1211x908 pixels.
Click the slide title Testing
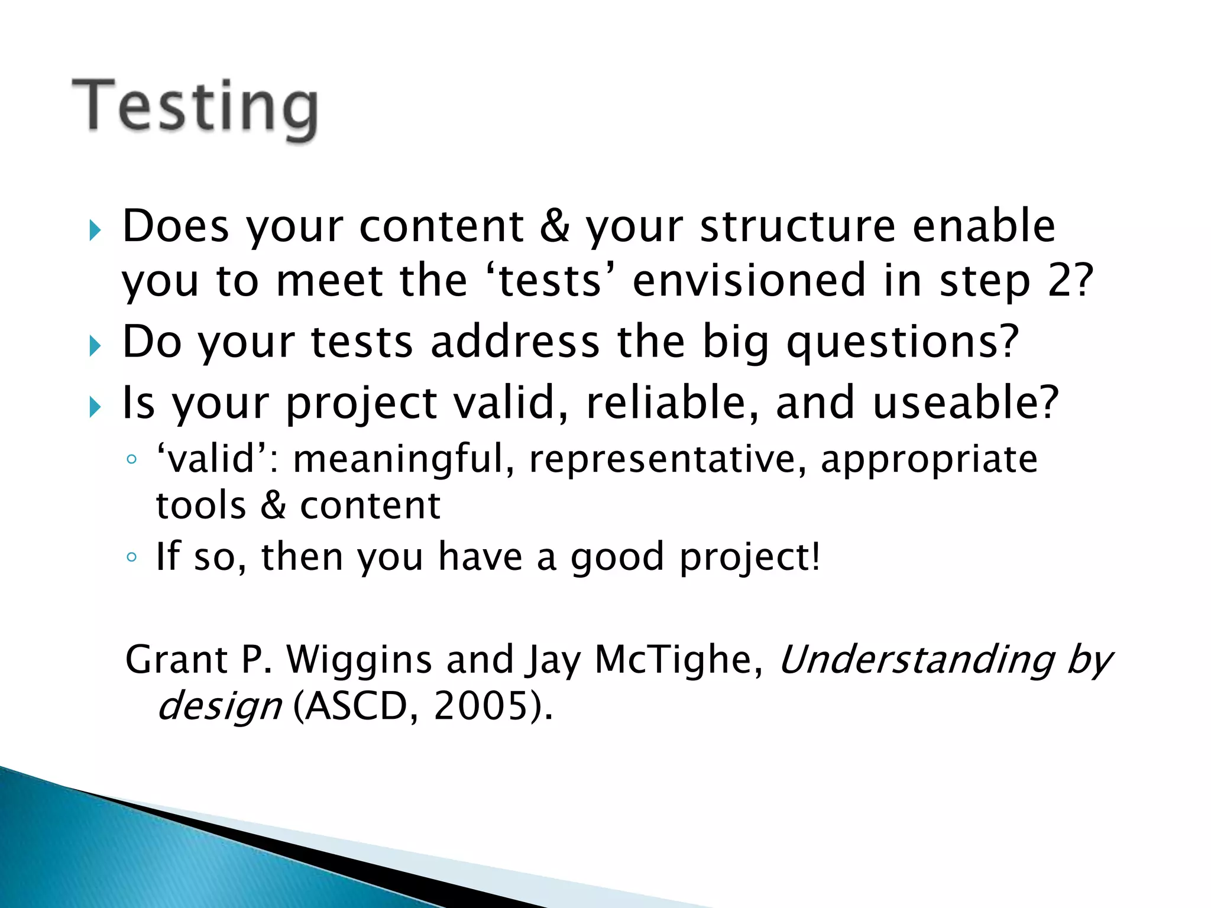click(195, 108)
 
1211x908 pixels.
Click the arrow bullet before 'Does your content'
click(95, 230)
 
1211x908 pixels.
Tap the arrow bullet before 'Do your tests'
click(95, 346)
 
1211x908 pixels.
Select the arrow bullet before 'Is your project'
click(95, 407)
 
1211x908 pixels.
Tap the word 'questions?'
click(902, 343)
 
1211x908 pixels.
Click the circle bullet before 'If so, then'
click(132, 557)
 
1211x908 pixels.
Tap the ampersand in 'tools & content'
click(273, 506)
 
